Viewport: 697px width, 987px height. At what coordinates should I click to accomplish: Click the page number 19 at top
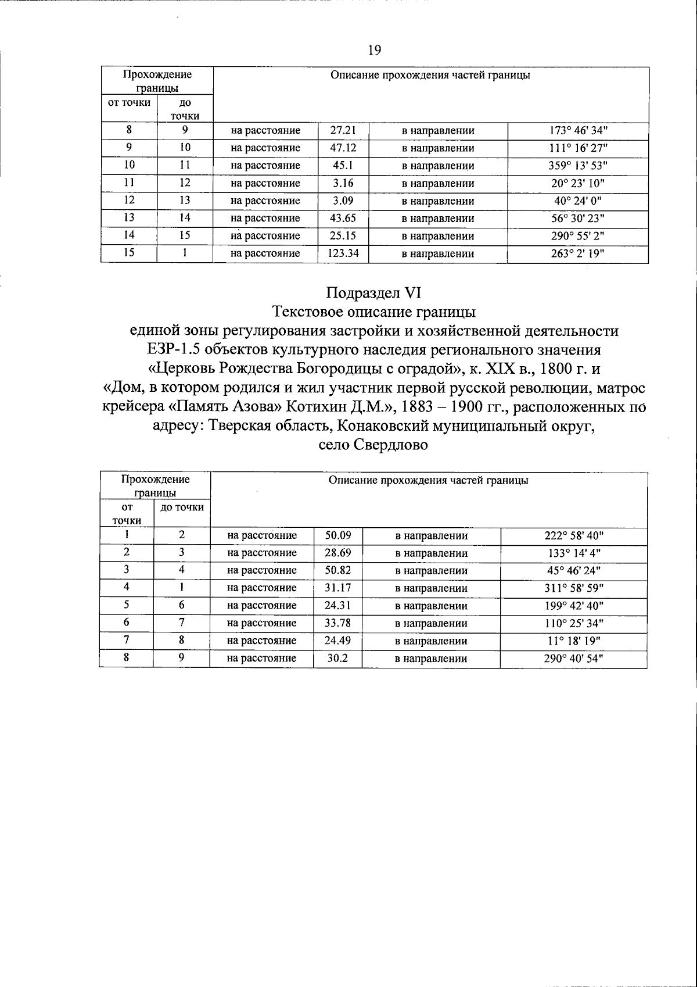pyautogui.click(x=374, y=51)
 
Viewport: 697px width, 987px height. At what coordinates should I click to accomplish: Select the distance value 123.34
pyautogui.click(x=343, y=253)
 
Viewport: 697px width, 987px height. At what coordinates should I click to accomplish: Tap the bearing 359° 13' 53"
pyautogui.click(x=578, y=166)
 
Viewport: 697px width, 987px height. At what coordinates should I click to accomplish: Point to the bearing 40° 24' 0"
pyautogui.click(x=578, y=201)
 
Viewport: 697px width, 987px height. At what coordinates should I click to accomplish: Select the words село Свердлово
pyautogui.click(x=373, y=446)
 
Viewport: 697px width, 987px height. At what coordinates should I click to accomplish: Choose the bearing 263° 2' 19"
pyautogui.click(x=578, y=253)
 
